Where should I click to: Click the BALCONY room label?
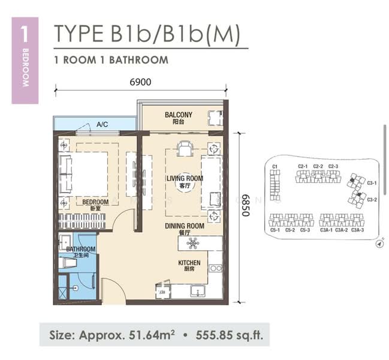point(178,115)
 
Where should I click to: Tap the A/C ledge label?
point(102,125)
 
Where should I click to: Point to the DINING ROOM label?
point(185,226)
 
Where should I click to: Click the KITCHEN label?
point(189,263)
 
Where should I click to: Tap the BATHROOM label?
point(80,249)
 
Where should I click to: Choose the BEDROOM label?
point(95,202)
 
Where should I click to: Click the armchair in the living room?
point(185,147)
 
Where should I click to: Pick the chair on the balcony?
point(214,116)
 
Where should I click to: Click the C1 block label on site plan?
point(275,166)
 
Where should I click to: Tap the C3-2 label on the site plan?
point(372,199)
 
